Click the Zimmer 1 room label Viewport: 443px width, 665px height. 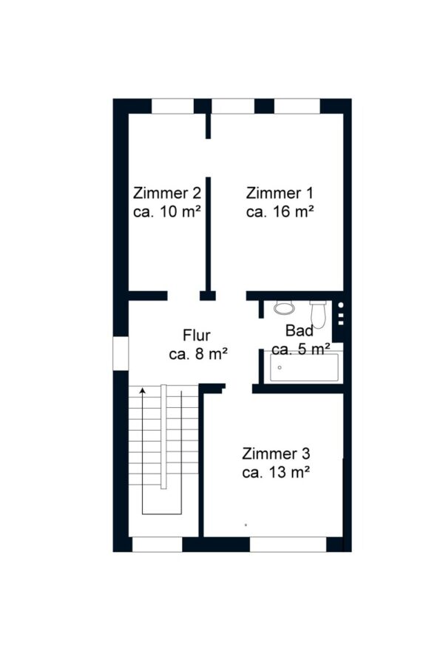coord(280,193)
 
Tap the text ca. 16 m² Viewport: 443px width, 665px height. coord(280,211)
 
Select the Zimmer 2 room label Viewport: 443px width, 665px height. coord(166,193)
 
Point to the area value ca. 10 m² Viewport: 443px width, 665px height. coord(166,211)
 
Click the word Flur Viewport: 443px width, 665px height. coord(197,335)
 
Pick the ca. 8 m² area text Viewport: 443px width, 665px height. coord(199,354)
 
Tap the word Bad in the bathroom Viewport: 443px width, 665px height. coord(300,330)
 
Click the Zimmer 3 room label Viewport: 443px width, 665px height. coord(276,454)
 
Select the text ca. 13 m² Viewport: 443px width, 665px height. coord(275,472)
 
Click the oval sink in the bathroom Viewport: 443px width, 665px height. coord(284,307)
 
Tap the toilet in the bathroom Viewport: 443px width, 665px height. coord(318,314)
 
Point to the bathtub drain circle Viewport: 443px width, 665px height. coord(280,367)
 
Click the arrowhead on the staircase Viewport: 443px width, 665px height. coord(143,390)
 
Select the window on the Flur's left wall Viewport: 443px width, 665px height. coord(121,353)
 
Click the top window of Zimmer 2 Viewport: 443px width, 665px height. coord(173,106)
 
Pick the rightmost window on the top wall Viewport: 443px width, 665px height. coord(297,106)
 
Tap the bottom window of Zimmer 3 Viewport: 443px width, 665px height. coord(288,545)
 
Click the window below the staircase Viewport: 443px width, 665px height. coord(158,545)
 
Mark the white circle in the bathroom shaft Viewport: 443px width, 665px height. coord(341,305)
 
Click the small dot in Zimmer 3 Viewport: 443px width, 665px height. coord(246,525)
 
